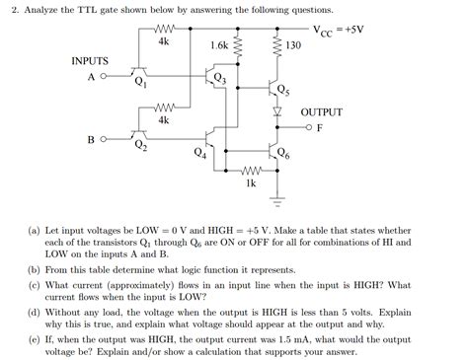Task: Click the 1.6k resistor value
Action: point(219,45)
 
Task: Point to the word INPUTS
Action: point(90,60)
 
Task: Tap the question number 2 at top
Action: point(9,11)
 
